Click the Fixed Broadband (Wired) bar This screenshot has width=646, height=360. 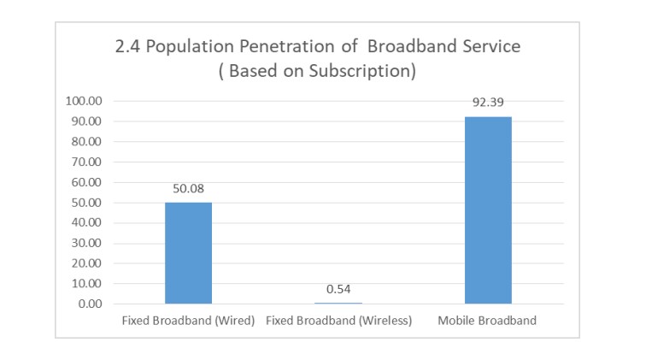pyautogui.click(x=188, y=252)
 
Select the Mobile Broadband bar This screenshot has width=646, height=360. pyautogui.click(x=488, y=210)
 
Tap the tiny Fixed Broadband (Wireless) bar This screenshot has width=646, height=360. pyautogui.click(x=338, y=303)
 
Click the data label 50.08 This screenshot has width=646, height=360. pyautogui.click(x=188, y=189)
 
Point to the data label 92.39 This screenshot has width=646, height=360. pyautogui.click(x=488, y=103)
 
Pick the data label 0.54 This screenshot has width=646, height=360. pyautogui.click(x=338, y=289)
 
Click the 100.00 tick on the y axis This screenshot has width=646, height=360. pyautogui.click(x=84, y=101)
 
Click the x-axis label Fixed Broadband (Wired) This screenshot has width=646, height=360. pyautogui.click(x=188, y=321)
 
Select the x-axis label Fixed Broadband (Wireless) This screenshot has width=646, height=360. pyautogui.click(x=338, y=321)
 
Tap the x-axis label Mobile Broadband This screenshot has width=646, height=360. pyautogui.click(x=488, y=321)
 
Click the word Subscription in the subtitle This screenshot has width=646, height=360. pyautogui.click(x=365, y=71)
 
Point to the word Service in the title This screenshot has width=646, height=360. pyautogui.click(x=490, y=48)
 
